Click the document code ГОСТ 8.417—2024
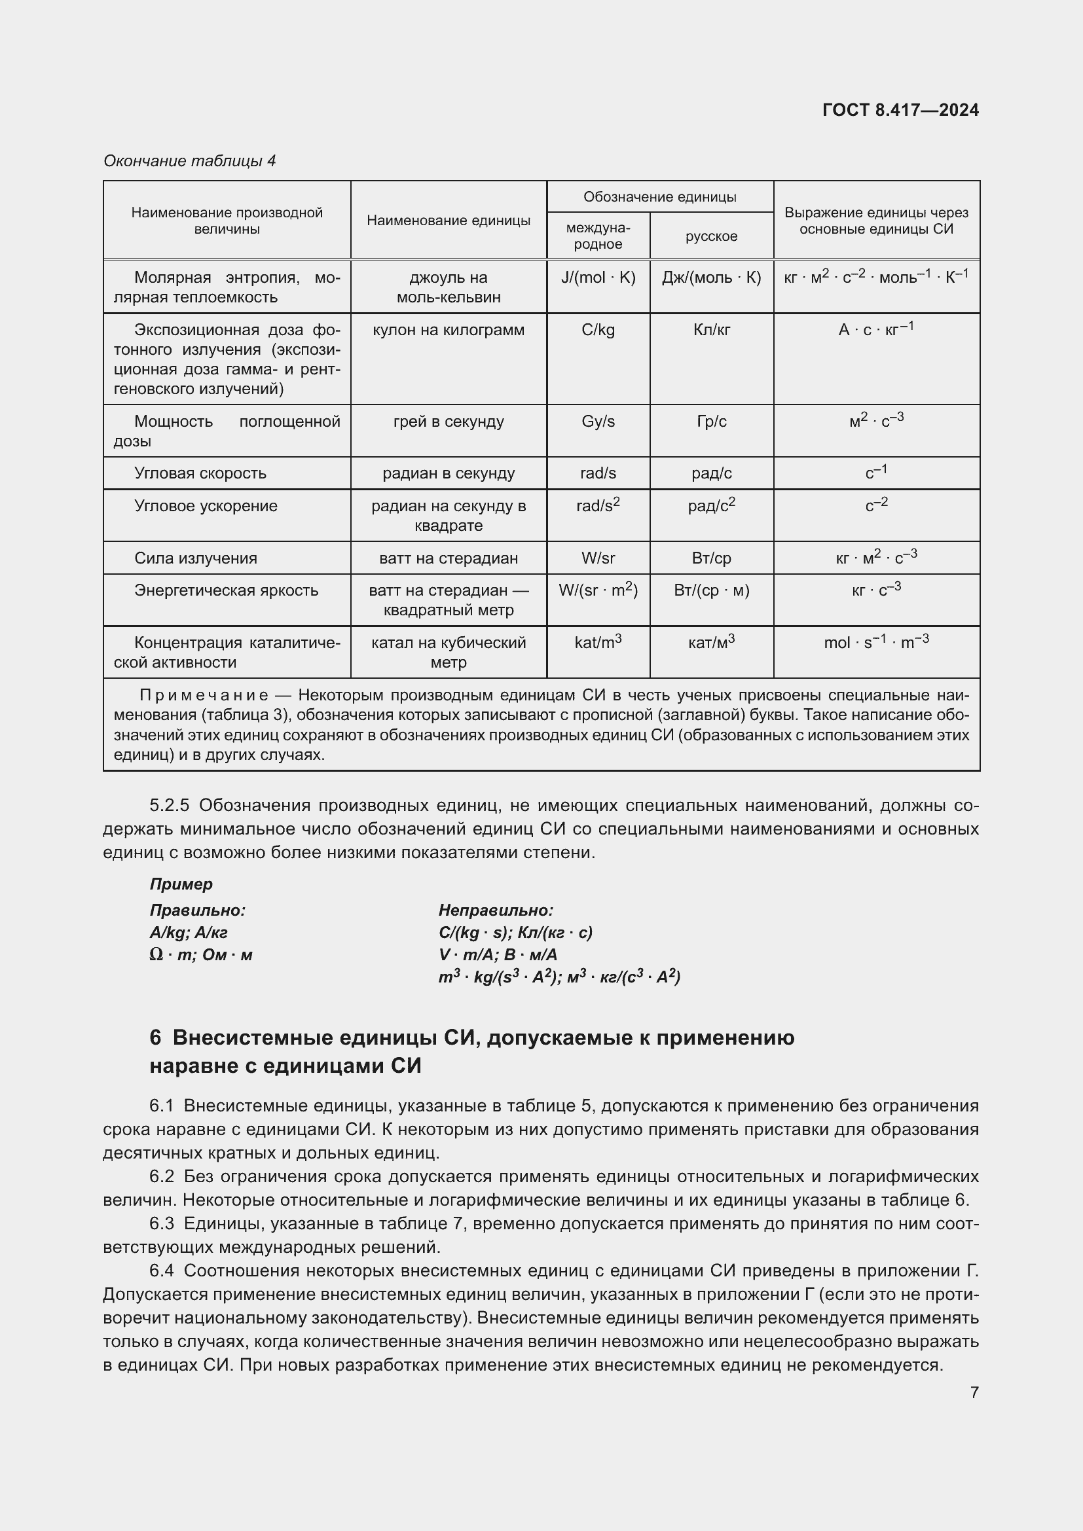tap(900, 110)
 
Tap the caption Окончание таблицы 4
tap(189, 161)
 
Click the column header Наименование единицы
tap(448, 221)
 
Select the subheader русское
tap(711, 236)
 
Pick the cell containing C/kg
tap(598, 330)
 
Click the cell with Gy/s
tap(598, 422)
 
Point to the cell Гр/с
tap(711, 422)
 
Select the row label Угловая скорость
tap(200, 473)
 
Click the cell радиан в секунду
tap(448, 473)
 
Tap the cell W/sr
tap(598, 558)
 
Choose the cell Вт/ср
tap(711, 558)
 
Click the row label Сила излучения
tap(195, 558)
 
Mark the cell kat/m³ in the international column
tap(598, 643)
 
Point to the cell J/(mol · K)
tap(598, 278)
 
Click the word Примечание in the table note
tap(204, 696)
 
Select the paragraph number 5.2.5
tap(170, 806)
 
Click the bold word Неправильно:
tap(496, 910)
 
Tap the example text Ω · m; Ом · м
tap(201, 955)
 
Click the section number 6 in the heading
tap(155, 1038)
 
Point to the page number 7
tap(974, 1392)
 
